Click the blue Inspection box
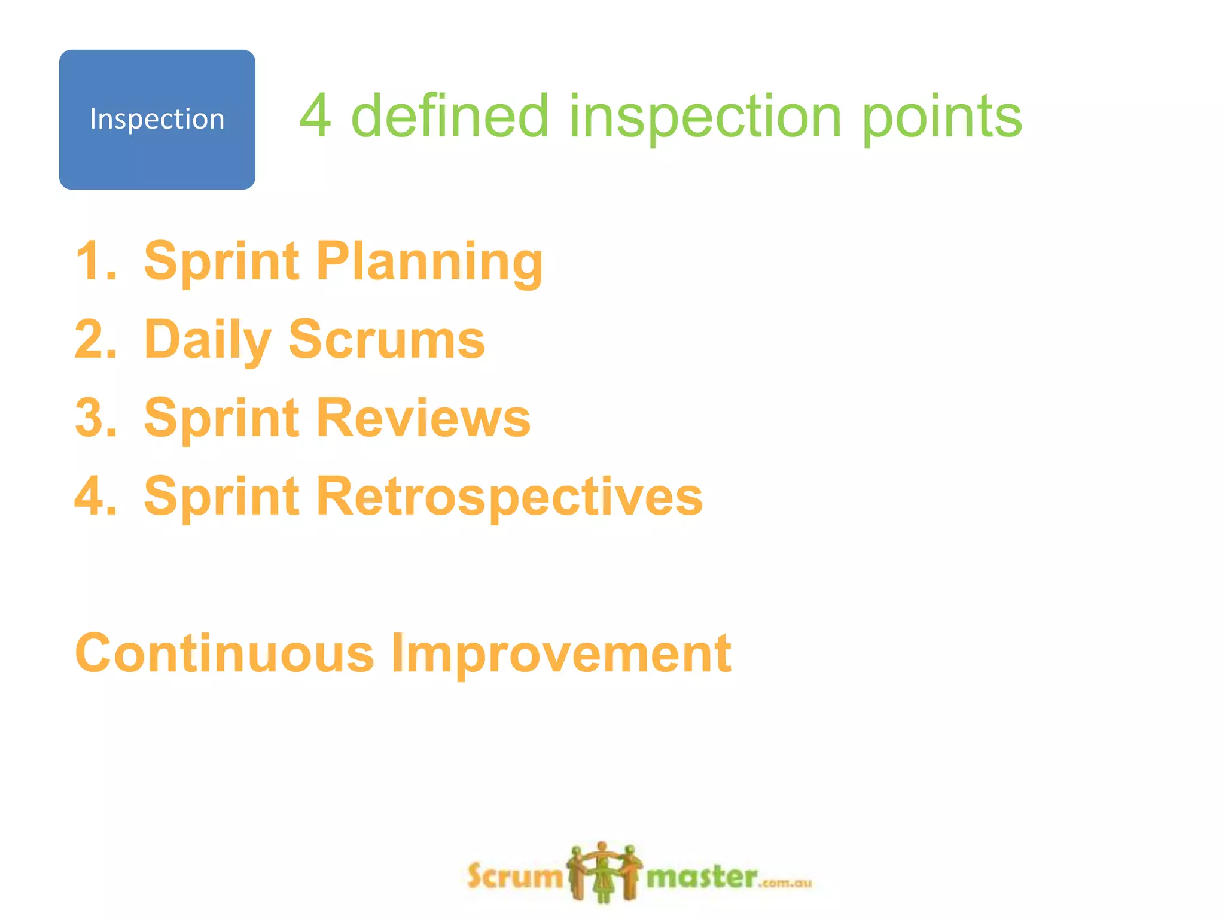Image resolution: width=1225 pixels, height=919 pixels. coord(157,120)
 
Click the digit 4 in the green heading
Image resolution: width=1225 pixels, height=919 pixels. coord(315,116)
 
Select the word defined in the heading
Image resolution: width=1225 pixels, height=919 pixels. coord(449,116)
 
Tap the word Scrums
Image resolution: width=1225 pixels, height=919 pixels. coord(386,339)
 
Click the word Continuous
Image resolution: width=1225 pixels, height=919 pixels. coord(224,653)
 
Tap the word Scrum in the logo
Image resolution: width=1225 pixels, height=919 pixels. coord(514,877)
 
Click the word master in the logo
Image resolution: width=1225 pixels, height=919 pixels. coord(702,877)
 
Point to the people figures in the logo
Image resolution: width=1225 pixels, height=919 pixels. coord(604,872)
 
